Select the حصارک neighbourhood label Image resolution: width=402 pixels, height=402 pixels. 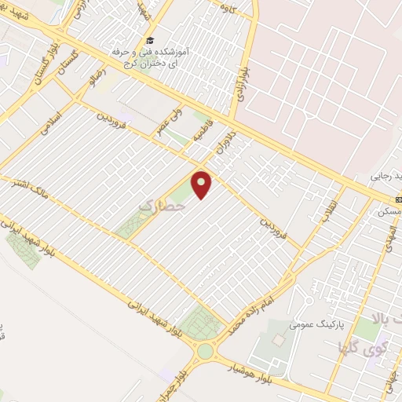(x=155, y=206)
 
